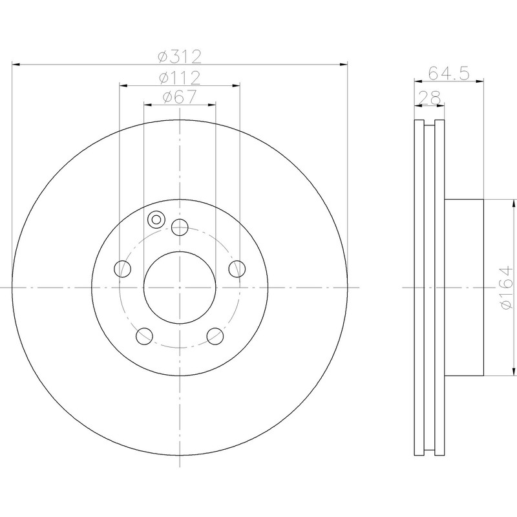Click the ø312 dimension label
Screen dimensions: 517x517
(x=180, y=57)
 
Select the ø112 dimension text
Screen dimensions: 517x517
(x=180, y=78)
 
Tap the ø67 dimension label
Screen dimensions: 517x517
(x=180, y=97)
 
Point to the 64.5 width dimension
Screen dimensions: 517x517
(x=448, y=73)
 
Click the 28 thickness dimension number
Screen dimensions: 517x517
(x=429, y=98)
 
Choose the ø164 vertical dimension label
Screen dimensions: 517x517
(x=507, y=288)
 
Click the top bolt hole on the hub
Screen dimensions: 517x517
(x=180, y=227)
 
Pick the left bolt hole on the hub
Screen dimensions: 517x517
(x=122, y=269)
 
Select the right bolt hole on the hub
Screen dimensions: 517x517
(x=237, y=269)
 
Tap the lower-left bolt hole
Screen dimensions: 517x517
(x=144, y=336)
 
